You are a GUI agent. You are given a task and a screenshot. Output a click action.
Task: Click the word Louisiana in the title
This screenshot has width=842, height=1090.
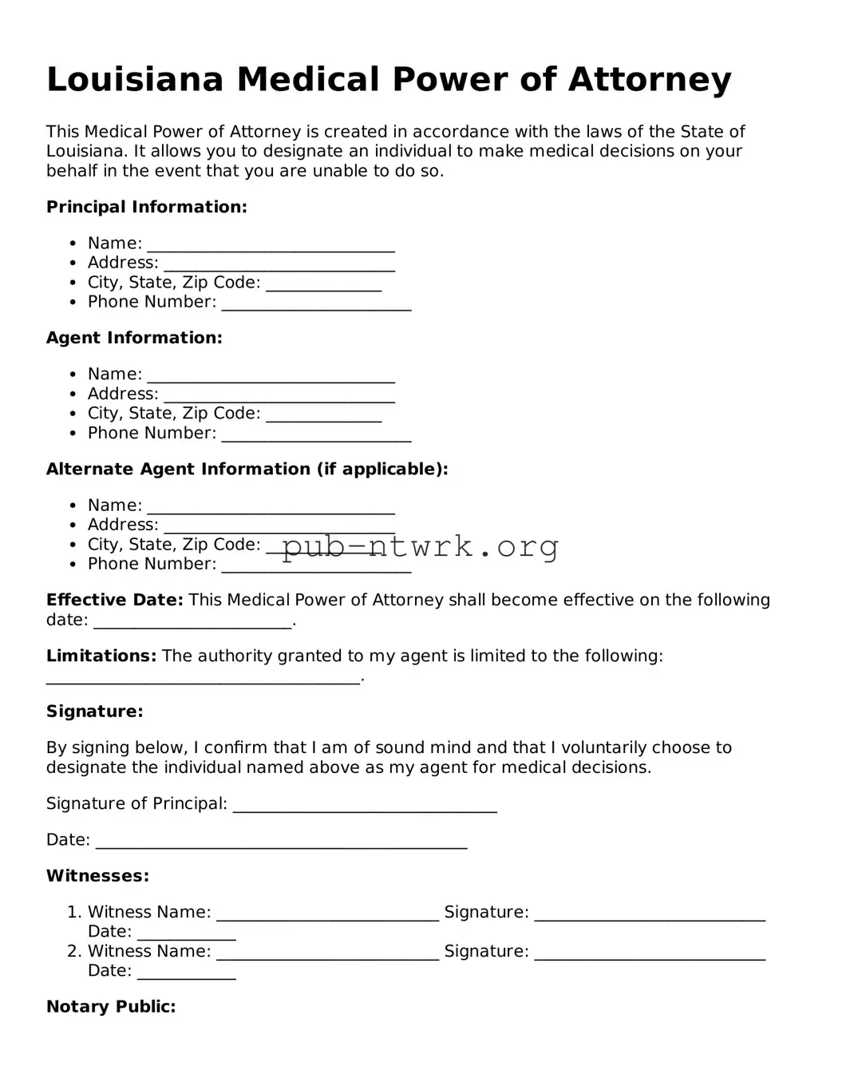coord(134,80)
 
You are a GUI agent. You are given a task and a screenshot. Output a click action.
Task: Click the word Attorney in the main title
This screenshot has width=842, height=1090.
coord(650,80)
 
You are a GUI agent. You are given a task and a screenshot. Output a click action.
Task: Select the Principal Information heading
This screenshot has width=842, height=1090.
coord(147,207)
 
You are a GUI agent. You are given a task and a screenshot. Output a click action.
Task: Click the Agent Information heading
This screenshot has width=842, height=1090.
coord(134,338)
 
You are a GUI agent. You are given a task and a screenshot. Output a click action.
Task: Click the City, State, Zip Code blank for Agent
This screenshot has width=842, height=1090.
coord(323,416)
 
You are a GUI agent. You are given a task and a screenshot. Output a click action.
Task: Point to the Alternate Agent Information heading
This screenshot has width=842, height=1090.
coord(247,469)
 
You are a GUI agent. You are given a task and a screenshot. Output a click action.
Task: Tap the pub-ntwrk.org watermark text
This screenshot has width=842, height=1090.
coord(420,546)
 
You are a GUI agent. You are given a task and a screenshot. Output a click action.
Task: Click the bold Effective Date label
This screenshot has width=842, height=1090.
coord(114,600)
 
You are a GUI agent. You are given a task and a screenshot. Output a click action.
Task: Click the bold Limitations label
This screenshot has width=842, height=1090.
coord(101,656)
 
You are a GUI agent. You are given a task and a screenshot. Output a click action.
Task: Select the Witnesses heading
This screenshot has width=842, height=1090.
coord(97,876)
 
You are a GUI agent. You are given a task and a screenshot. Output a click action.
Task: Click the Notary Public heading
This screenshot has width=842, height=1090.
coord(111,1006)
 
